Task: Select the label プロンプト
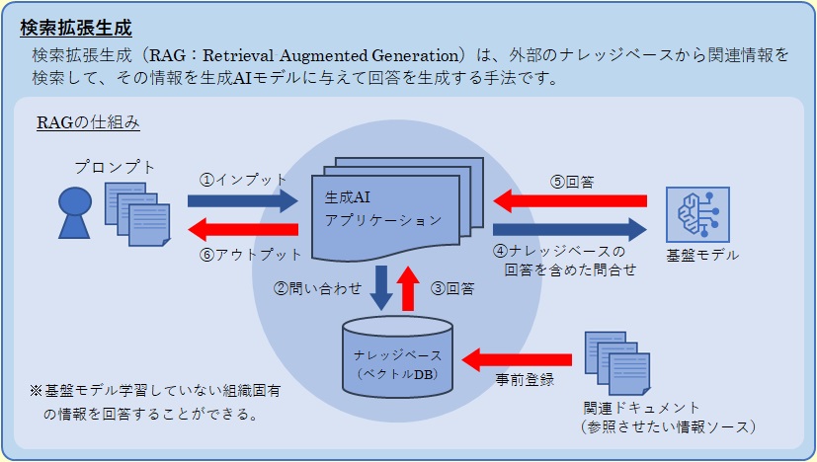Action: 115,168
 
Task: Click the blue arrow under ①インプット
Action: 242,201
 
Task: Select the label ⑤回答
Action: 572,182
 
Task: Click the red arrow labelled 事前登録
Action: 519,356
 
